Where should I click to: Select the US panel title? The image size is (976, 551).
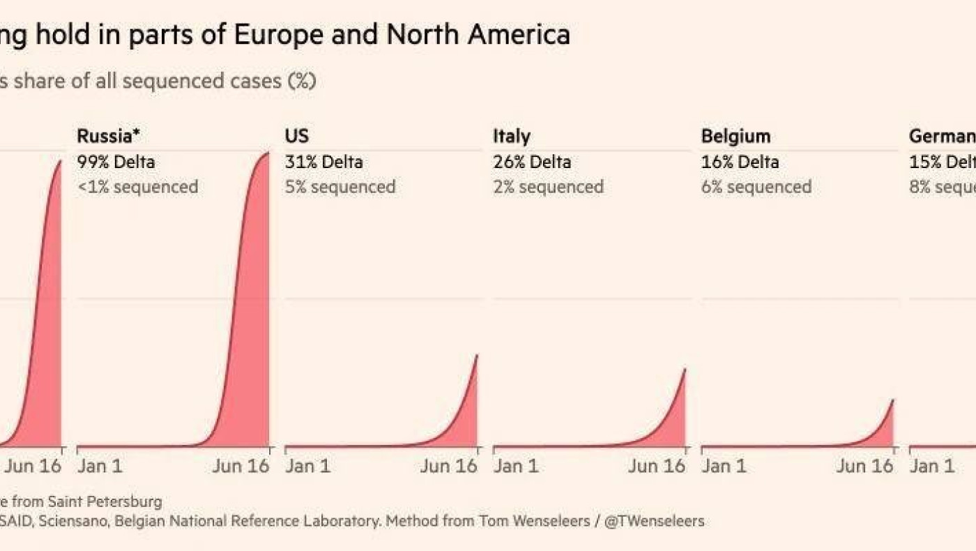297,136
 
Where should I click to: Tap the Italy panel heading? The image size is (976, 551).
512,136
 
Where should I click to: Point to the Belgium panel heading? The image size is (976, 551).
735,136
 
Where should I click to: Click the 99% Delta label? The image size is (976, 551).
116,162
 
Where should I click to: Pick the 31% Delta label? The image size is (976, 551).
323,162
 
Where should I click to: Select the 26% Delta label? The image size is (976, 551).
532,162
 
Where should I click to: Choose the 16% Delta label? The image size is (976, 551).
740,162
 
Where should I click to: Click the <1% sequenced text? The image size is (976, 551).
137,187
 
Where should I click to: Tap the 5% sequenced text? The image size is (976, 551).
340,187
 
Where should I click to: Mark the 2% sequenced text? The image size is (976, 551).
548,187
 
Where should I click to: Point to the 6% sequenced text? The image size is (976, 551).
756,187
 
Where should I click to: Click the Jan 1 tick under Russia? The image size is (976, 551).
100,466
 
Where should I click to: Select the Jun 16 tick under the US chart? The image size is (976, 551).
448,466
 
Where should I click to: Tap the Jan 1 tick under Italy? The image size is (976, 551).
516,466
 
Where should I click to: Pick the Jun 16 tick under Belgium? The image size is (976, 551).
864,466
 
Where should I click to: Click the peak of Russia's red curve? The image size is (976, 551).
268,153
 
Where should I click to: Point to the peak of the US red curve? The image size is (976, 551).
477,356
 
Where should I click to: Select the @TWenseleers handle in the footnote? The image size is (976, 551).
655,521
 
